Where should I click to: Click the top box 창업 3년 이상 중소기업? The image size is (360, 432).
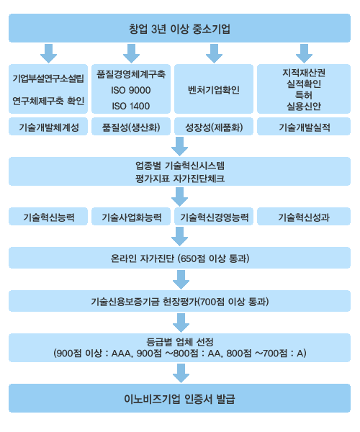pos(179,28)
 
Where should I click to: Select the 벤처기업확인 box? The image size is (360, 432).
pos(214,89)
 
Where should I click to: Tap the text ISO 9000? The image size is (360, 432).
pos(131,91)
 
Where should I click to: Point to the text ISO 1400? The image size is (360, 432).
pos(131,106)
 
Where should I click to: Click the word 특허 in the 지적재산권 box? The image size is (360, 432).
pos(304,95)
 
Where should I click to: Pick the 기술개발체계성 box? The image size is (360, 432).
pos(48,127)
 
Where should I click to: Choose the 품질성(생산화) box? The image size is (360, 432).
pos(131,127)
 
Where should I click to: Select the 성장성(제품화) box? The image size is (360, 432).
pos(214,127)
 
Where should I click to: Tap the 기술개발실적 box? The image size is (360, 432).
pos(304,127)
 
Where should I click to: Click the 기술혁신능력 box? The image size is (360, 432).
pos(48,217)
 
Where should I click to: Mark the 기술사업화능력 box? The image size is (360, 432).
pos(131,217)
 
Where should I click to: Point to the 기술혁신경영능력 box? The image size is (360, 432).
pos(214,217)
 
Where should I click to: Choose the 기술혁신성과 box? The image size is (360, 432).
pos(304,217)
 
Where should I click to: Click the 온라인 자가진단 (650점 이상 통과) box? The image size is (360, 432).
pos(179,258)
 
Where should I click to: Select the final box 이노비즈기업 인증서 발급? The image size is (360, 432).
pos(179,398)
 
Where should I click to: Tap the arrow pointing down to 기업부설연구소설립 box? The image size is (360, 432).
pos(48,53)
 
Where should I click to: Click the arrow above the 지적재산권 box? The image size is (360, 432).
pos(304,53)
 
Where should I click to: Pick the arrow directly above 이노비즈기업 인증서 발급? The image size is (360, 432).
pos(181,373)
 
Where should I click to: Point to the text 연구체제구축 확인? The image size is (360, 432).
pos(48,101)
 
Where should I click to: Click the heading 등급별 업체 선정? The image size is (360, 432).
pos(179,342)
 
